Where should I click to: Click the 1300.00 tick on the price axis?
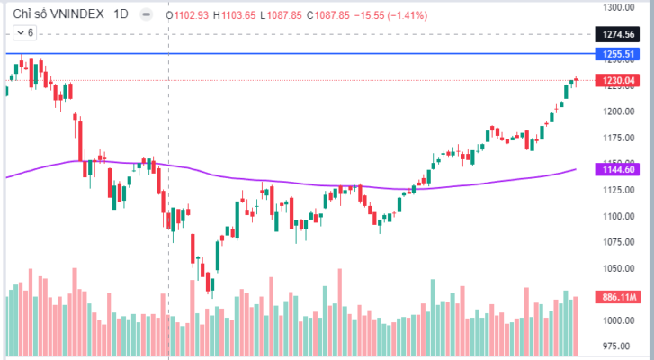tap(620, 7)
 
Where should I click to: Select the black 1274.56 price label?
tap(620, 35)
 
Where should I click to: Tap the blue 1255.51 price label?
tap(620, 55)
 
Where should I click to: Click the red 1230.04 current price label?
tap(620, 81)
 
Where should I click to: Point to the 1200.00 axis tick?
tap(620, 112)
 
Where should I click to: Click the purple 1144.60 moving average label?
tap(620, 169)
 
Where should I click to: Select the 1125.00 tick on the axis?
tap(620, 190)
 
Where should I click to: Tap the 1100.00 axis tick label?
tap(620, 216)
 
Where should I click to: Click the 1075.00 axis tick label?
tap(620, 242)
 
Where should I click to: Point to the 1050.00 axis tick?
tap(620, 268)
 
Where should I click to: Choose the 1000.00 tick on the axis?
tap(620, 320)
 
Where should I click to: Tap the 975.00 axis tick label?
tap(620, 346)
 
